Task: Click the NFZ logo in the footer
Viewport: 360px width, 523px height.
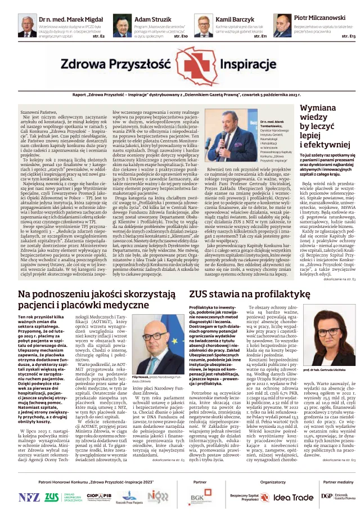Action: [29, 498]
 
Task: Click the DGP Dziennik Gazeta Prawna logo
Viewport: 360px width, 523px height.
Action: [338, 497]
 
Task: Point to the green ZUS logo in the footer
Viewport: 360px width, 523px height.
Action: [52, 497]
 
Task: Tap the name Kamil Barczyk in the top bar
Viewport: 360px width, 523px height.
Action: [233, 19]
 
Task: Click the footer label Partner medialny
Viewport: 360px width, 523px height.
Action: [338, 482]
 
